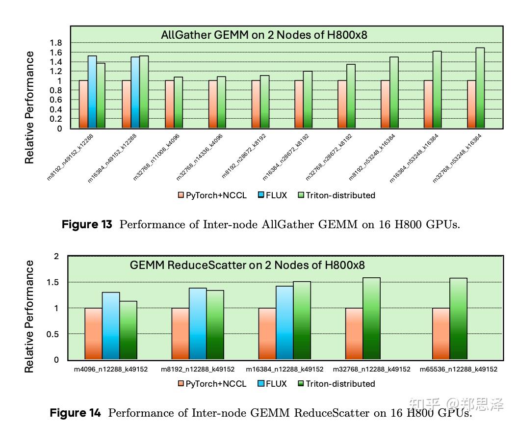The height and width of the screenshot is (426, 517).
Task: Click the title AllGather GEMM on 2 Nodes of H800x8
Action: click(x=264, y=35)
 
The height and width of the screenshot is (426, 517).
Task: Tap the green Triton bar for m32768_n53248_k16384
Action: click(x=480, y=88)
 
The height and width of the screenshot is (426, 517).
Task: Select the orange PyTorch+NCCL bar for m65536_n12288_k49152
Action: click(x=441, y=334)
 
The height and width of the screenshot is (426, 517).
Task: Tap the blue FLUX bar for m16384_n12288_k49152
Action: click(x=284, y=323)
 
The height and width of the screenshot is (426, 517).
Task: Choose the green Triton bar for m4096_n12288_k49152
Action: click(x=129, y=330)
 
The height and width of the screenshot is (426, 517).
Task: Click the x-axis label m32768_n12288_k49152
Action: click(x=372, y=369)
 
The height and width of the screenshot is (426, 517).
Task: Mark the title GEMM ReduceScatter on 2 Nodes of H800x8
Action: click(x=247, y=266)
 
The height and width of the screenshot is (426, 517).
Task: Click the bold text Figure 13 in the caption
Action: click(x=87, y=225)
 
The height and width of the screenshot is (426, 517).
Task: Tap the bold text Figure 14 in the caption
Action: click(x=76, y=413)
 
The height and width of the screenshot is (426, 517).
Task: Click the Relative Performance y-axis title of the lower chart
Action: click(x=30, y=317)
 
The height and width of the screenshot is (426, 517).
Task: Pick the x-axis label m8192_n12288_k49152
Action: click(x=198, y=369)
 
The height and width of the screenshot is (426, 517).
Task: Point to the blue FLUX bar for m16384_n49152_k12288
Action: click(x=135, y=93)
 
